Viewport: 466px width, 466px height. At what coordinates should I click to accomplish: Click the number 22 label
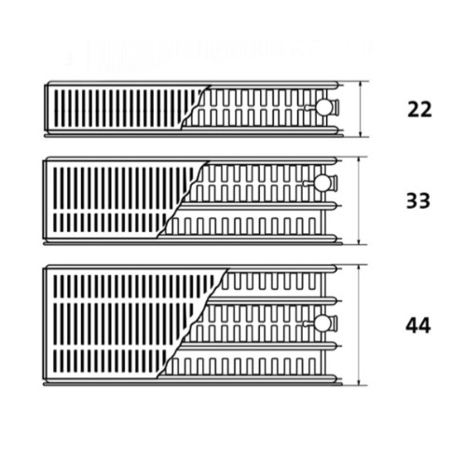(419, 109)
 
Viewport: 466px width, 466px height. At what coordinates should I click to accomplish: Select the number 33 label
(418, 200)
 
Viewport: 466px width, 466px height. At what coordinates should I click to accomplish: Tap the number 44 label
(418, 325)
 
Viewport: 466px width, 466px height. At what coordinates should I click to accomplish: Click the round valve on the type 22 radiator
(323, 107)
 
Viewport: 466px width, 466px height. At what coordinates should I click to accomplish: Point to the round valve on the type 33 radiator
(322, 183)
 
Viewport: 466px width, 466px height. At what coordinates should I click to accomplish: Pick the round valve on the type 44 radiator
(322, 323)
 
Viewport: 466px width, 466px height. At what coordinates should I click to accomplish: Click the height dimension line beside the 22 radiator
(361, 109)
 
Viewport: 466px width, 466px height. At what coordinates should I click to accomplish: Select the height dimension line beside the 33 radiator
(360, 200)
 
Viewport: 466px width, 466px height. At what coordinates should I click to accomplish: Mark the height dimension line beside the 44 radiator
(359, 325)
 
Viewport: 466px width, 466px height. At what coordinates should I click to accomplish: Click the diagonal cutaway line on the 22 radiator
(196, 106)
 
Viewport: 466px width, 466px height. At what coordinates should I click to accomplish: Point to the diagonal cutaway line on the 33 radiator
(183, 199)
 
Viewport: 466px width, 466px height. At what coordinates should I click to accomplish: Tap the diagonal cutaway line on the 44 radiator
(193, 323)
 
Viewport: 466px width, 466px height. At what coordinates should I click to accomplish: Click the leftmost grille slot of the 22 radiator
(56, 108)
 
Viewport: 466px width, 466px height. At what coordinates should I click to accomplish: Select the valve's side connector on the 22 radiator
(336, 106)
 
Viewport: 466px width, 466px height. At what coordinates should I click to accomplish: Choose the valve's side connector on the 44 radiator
(335, 322)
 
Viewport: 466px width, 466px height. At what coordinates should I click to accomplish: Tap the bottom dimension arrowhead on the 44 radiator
(359, 383)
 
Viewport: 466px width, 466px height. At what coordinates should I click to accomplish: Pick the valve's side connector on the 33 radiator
(335, 183)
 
